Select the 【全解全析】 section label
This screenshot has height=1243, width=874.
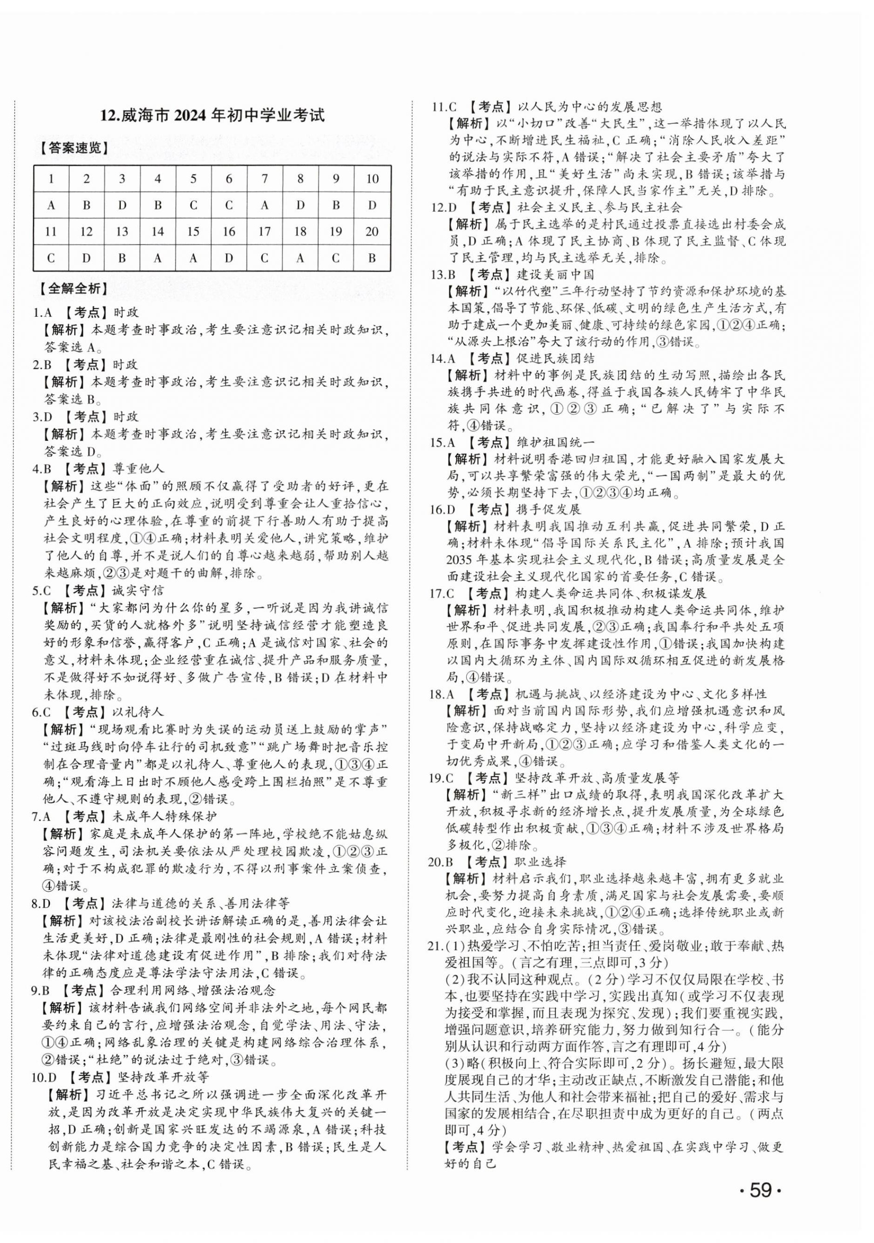[x=71, y=288]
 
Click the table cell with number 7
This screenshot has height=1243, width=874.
[x=264, y=179]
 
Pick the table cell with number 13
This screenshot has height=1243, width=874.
[x=122, y=232]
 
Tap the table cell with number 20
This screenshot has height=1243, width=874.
[x=371, y=232]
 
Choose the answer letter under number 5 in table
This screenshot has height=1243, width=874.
[x=193, y=205]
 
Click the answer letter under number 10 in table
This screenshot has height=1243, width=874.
[x=371, y=205]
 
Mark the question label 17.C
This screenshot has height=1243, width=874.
[x=442, y=593]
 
